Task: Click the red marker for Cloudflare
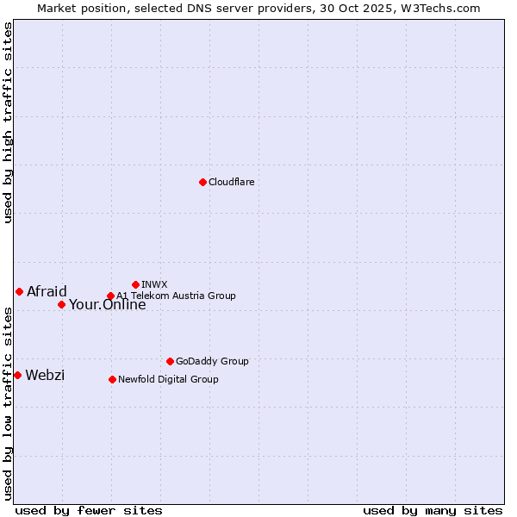pyautogui.click(x=202, y=182)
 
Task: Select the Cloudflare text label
pyautogui.click(x=232, y=182)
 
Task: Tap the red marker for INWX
pyautogui.click(x=135, y=284)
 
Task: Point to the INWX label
pyautogui.click(x=154, y=284)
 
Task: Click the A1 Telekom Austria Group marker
pyautogui.click(x=110, y=296)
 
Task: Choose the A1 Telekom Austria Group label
pyautogui.click(x=177, y=296)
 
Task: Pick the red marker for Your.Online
pyautogui.click(x=61, y=304)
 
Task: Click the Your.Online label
pyautogui.click(x=108, y=304)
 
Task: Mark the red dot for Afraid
pyautogui.click(x=19, y=291)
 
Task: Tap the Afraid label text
pyautogui.click(x=47, y=291)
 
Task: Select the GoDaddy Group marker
pyautogui.click(x=170, y=361)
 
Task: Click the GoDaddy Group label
pyautogui.click(x=212, y=361)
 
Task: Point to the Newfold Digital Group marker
pyautogui.click(x=112, y=379)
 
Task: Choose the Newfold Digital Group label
pyautogui.click(x=168, y=379)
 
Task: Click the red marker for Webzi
pyautogui.click(x=17, y=375)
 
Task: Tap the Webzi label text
pyautogui.click(x=45, y=375)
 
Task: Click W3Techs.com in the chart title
pyautogui.click(x=445, y=8)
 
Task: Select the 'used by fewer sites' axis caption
pyautogui.click(x=89, y=510)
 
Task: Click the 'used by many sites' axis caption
pyautogui.click(x=433, y=510)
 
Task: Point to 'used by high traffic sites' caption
pyautogui.click(x=8, y=122)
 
